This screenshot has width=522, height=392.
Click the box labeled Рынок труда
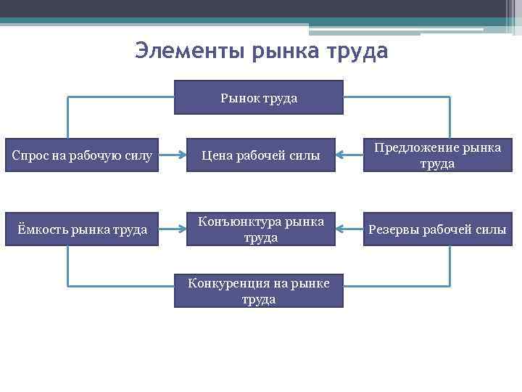click(259, 97)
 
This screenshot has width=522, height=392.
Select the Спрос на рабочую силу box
click(82, 155)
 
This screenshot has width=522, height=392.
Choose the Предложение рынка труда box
click(436, 155)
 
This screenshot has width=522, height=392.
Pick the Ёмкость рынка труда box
click(82, 229)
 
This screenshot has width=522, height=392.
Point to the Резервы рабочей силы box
click(436, 229)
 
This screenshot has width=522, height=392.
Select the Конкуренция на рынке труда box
click(259, 290)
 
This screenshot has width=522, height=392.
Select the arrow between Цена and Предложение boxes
click(352, 155)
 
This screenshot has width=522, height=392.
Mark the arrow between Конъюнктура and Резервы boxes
click(352, 229)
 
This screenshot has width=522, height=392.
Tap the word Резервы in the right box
click(394, 230)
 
